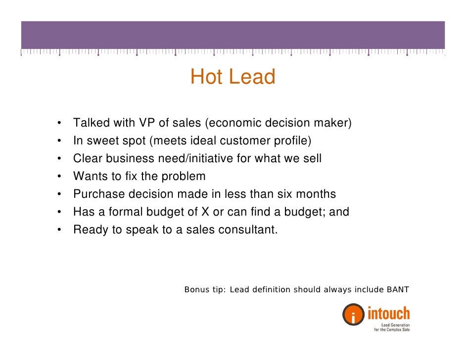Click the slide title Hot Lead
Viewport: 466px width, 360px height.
233,77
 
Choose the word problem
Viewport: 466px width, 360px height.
184,177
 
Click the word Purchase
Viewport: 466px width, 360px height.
95,194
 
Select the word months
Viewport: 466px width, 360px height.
317,194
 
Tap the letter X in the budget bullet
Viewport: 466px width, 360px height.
204,212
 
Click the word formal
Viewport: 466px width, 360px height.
125,212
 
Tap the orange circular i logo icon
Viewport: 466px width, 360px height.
353,315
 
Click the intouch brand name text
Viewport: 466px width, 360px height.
388,313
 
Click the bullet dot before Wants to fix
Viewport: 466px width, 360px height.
59,177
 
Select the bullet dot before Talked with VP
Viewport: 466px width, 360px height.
59,123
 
